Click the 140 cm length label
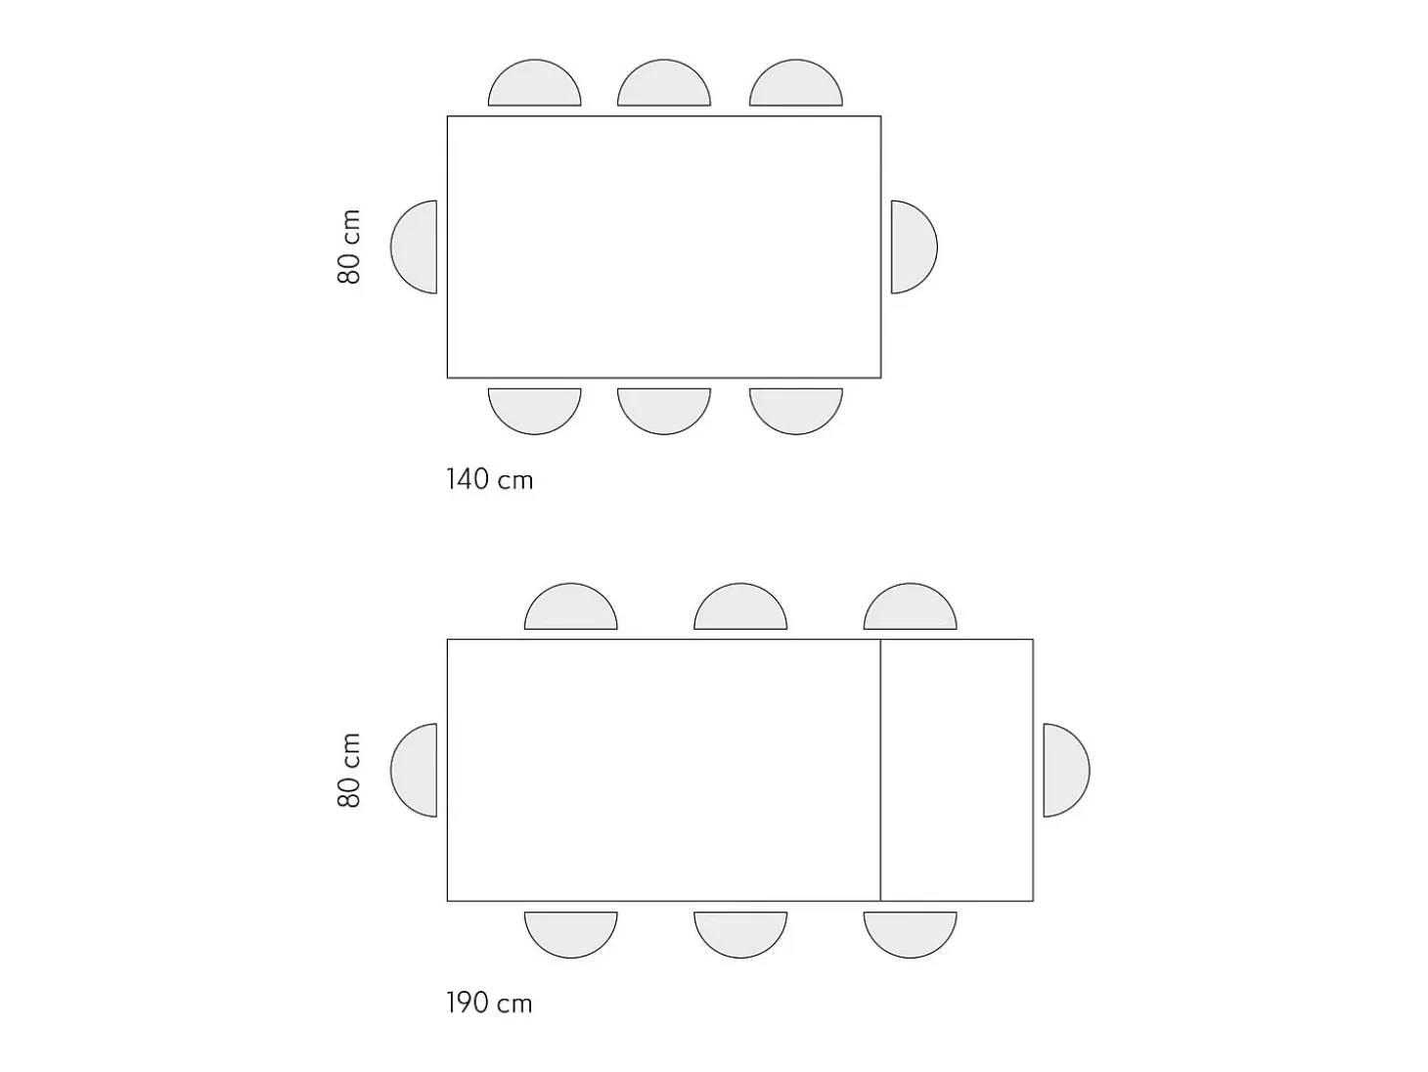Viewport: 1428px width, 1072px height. [489, 479]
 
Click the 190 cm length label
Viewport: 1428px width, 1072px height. [489, 1004]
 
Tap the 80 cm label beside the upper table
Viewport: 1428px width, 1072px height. [349, 246]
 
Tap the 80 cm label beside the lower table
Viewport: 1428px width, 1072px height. [349, 770]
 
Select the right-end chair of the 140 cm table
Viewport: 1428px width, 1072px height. [913, 247]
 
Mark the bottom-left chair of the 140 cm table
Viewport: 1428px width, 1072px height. [534, 409]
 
